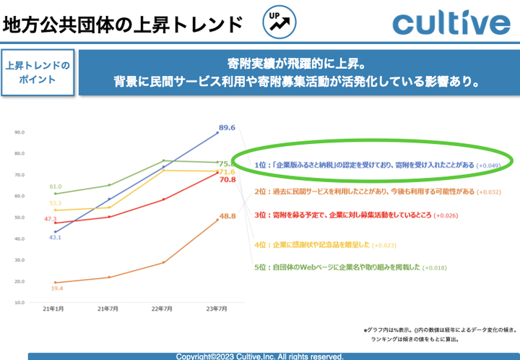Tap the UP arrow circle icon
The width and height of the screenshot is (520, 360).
click(x=279, y=22)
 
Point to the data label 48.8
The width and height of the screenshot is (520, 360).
click(x=228, y=216)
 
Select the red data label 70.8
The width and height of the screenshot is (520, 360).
click(x=227, y=180)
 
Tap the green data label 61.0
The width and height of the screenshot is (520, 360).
click(x=56, y=187)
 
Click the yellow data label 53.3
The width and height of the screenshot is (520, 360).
click(x=56, y=204)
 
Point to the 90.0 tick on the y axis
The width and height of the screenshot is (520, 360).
click(x=19, y=132)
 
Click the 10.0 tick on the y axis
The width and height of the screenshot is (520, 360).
click(x=19, y=302)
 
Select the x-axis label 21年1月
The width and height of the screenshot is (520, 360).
click(x=54, y=309)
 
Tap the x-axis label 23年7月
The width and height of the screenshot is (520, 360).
click(x=217, y=309)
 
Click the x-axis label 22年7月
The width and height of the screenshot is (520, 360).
click(x=162, y=309)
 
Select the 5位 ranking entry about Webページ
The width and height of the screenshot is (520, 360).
click(x=351, y=267)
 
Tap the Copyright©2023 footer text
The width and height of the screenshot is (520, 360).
click(x=259, y=356)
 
